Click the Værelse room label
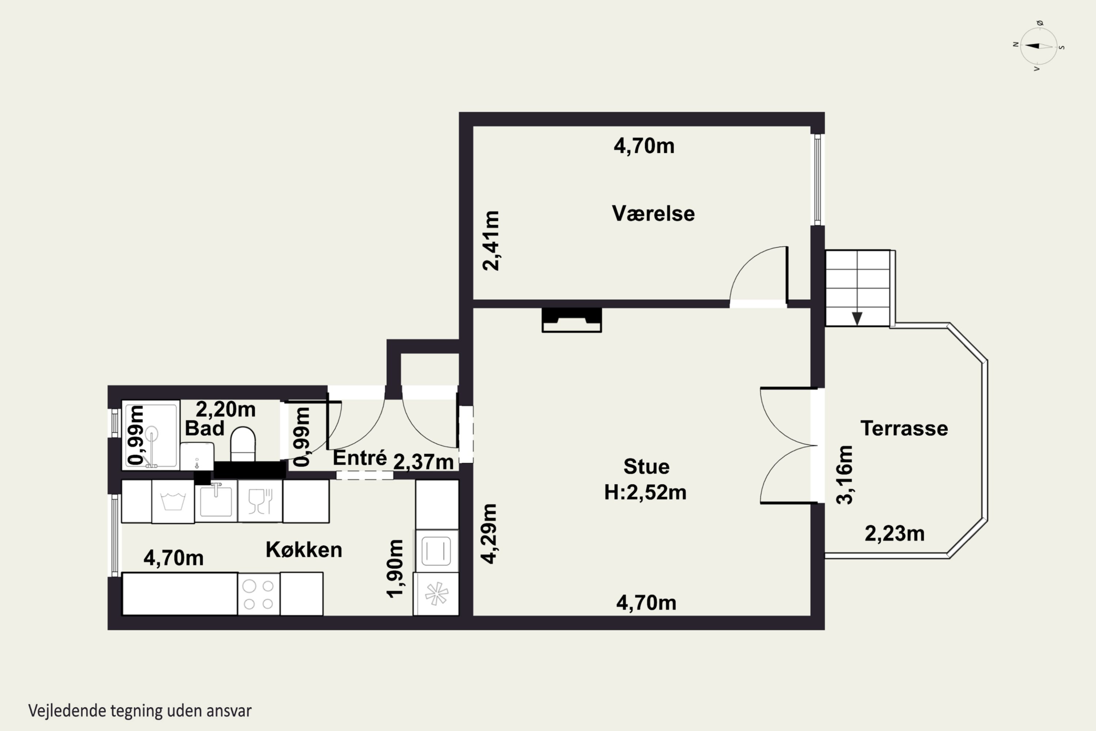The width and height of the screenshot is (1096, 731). click(x=653, y=213)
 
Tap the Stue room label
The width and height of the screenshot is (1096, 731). click(x=646, y=466)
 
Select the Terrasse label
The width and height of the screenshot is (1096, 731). click(x=904, y=428)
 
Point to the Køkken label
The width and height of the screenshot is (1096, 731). click(x=304, y=550)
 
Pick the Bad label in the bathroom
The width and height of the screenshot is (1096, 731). click(x=205, y=428)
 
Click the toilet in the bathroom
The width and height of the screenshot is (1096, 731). click(x=243, y=444)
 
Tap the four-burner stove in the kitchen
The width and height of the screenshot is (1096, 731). click(x=259, y=594)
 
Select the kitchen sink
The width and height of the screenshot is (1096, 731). click(x=216, y=500)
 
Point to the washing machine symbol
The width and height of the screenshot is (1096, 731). click(x=173, y=501)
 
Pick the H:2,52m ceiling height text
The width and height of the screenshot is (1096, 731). click(x=646, y=492)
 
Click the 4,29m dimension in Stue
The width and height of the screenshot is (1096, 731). click(x=489, y=534)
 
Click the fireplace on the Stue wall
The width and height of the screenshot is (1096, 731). click(x=572, y=320)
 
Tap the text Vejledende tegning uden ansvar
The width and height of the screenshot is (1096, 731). click(x=140, y=711)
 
